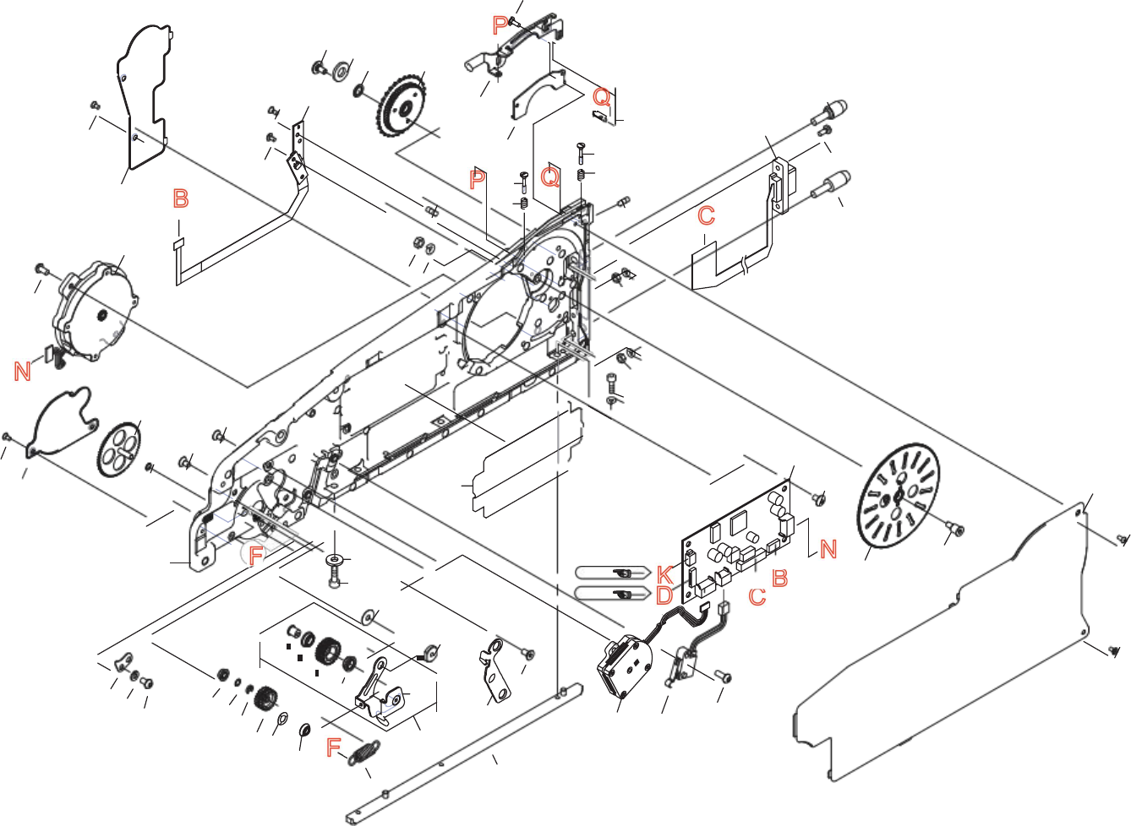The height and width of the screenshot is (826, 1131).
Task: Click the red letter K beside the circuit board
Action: pos(664,574)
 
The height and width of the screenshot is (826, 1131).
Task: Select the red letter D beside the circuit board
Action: pos(664,595)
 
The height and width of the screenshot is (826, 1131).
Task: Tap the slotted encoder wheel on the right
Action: pos(898,495)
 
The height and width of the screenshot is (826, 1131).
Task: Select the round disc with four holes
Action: pos(118,448)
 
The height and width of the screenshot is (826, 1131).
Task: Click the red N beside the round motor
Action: pos(23,371)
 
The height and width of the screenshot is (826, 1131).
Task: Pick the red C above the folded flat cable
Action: pos(707,216)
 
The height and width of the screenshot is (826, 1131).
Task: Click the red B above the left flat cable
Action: pos(180,198)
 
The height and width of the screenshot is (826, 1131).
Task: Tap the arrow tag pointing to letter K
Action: pos(612,573)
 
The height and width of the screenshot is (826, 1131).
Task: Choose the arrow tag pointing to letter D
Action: pos(612,594)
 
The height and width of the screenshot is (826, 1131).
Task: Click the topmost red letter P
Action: pos(500,27)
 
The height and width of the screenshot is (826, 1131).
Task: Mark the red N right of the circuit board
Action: pos(828,550)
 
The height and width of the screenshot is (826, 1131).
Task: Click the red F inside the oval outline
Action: pos(256,555)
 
